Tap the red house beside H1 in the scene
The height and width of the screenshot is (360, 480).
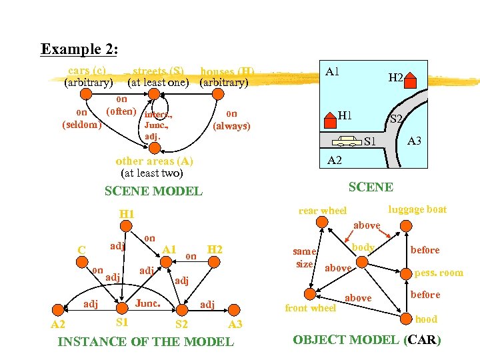click(330, 119)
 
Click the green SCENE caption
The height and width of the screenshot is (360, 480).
click(371, 187)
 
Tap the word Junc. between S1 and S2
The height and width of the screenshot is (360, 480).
click(147, 303)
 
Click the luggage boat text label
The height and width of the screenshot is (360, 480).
click(417, 209)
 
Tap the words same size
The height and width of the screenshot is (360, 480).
click(305, 257)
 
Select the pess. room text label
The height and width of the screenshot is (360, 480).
click(439, 273)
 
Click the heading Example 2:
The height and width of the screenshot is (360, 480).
click(79, 49)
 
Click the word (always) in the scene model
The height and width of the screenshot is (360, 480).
click(231, 126)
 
